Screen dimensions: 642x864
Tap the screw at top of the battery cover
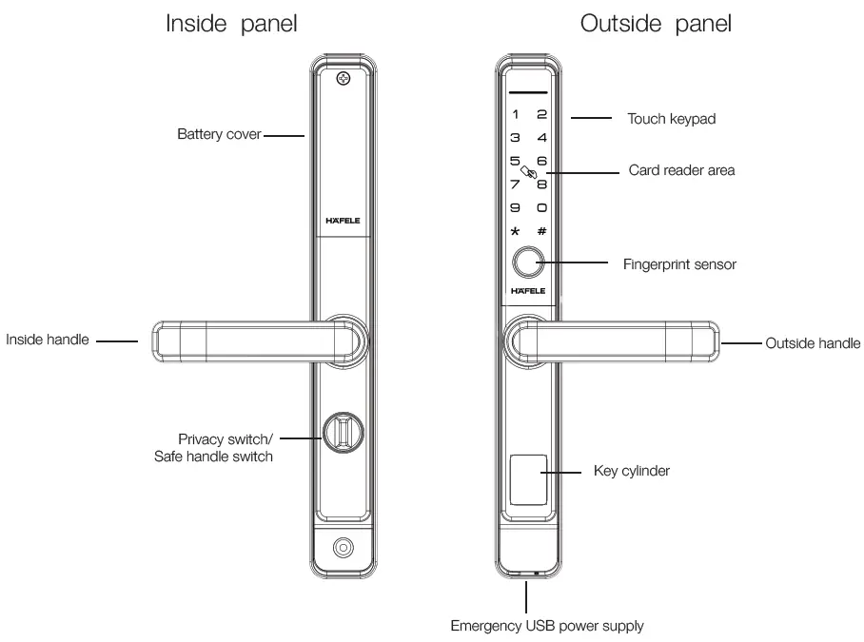pyautogui.click(x=344, y=79)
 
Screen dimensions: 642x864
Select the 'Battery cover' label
pyautogui.click(x=219, y=135)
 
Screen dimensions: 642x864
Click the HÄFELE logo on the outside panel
pyautogui.click(x=528, y=292)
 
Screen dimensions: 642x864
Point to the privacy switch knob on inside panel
pyautogui.click(x=343, y=434)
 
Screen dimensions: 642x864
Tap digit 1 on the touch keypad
pyautogui.click(x=515, y=115)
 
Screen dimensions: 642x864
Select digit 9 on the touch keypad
pyautogui.click(x=515, y=206)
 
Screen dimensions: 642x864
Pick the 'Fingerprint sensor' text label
pyautogui.click(x=678, y=264)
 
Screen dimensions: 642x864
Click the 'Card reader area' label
pyautogui.click(x=682, y=172)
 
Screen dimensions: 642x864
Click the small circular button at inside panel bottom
pyautogui.click(x=343, y=550)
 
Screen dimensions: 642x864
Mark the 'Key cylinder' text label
pyautogui.click(x=631, y=471)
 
